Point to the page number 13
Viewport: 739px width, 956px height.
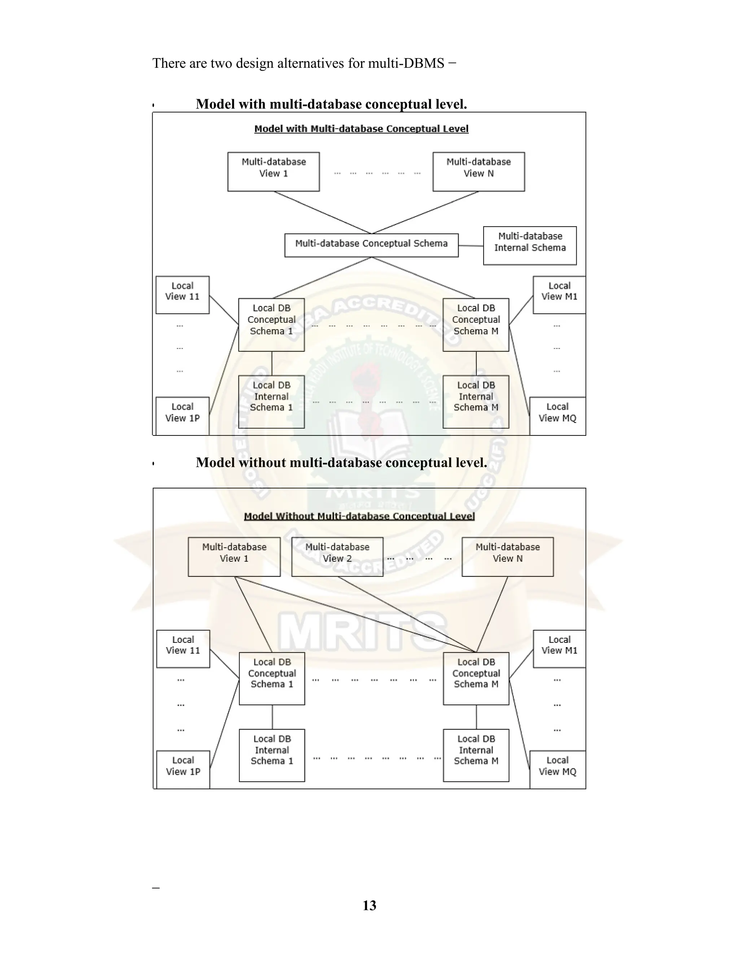tap(369, 905)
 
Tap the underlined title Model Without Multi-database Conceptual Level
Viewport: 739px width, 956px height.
tap(359, 516)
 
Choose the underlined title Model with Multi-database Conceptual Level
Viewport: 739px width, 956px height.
tap(361, 129)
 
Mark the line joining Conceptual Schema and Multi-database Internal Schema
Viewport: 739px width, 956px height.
tap(471, 246)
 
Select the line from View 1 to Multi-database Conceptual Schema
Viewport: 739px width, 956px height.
tap(322, 212)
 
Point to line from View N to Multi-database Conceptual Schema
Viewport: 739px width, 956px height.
tap(425, 212)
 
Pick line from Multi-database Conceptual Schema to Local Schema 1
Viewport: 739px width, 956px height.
tap(322, 278)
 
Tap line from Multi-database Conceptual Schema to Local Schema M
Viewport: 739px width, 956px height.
tap(423, 278)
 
